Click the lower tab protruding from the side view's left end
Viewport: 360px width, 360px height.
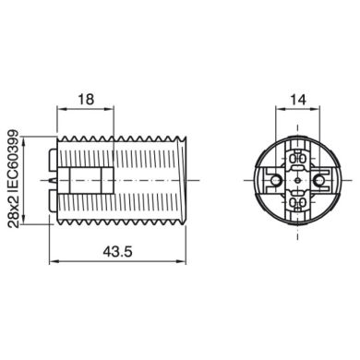coord(50,197)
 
